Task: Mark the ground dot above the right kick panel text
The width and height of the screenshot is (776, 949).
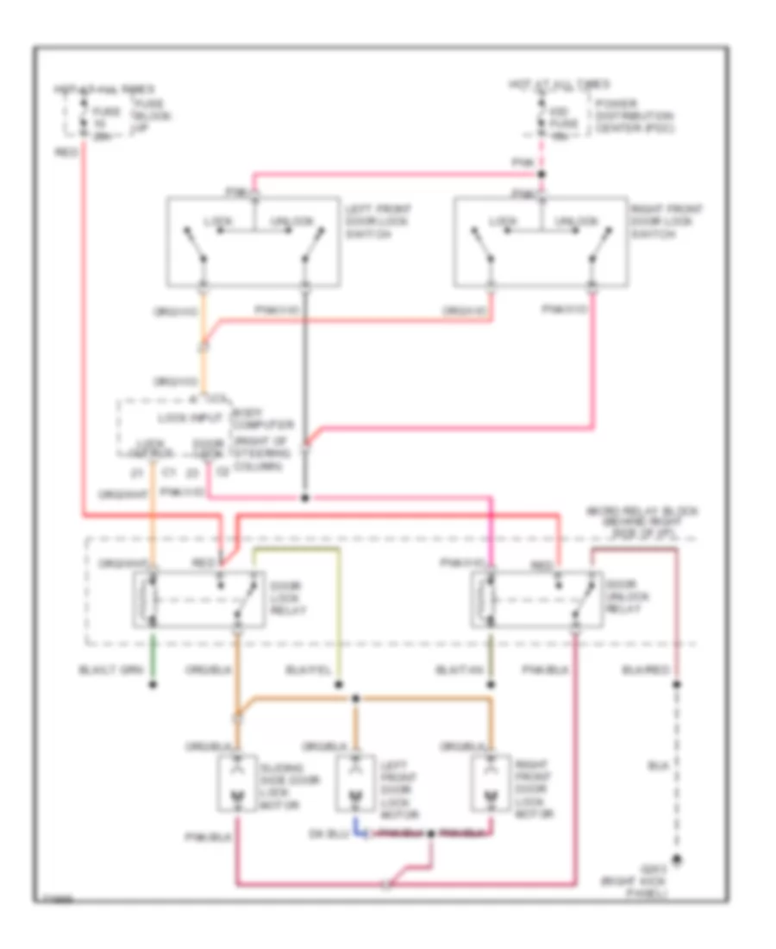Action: [x=679, y=859]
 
